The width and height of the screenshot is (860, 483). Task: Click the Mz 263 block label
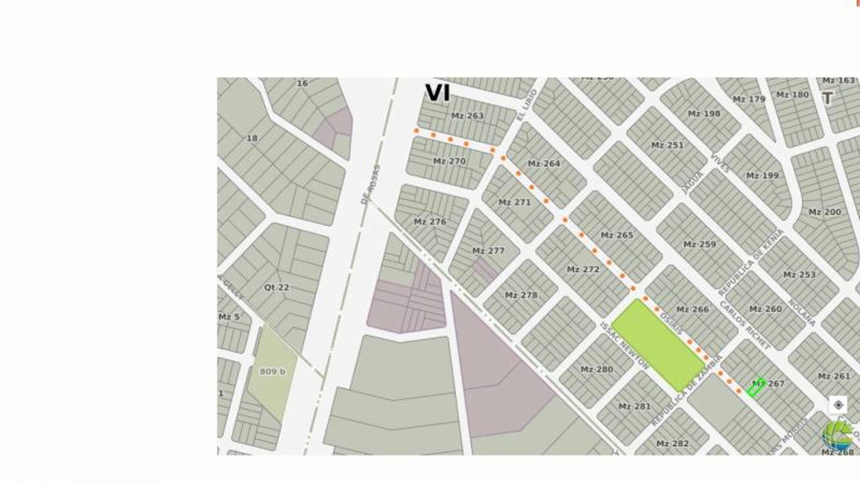(x=467, y=116)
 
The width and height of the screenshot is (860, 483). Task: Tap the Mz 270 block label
(x=449, y=161)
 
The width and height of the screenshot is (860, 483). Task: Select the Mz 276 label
(x=430, y=221)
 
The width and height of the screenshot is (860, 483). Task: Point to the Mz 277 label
(x=488, y=251)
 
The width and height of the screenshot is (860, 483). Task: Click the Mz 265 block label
(x=617, y=235)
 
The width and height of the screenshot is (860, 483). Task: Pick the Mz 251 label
(x=667, y=145)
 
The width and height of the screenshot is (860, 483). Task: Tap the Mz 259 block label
(x=700, y=244)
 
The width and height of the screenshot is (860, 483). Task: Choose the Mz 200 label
(x=825, y=212)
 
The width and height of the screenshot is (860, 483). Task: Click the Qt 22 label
(x=276, y=287)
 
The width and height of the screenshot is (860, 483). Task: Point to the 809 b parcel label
(x=273, y=372)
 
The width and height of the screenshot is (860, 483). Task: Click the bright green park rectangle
(x=658, y=345)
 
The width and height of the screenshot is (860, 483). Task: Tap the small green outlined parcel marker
(x=755, y=388)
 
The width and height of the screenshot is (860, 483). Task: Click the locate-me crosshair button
(x=838, y=405)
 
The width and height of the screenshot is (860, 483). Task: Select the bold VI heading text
(x=437, y=93)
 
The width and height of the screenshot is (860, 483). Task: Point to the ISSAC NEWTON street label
(x=624, y=345)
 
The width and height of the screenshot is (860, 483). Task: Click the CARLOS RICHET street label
(x=745, y=325)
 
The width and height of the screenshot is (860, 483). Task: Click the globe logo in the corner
(x=837, y=435)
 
